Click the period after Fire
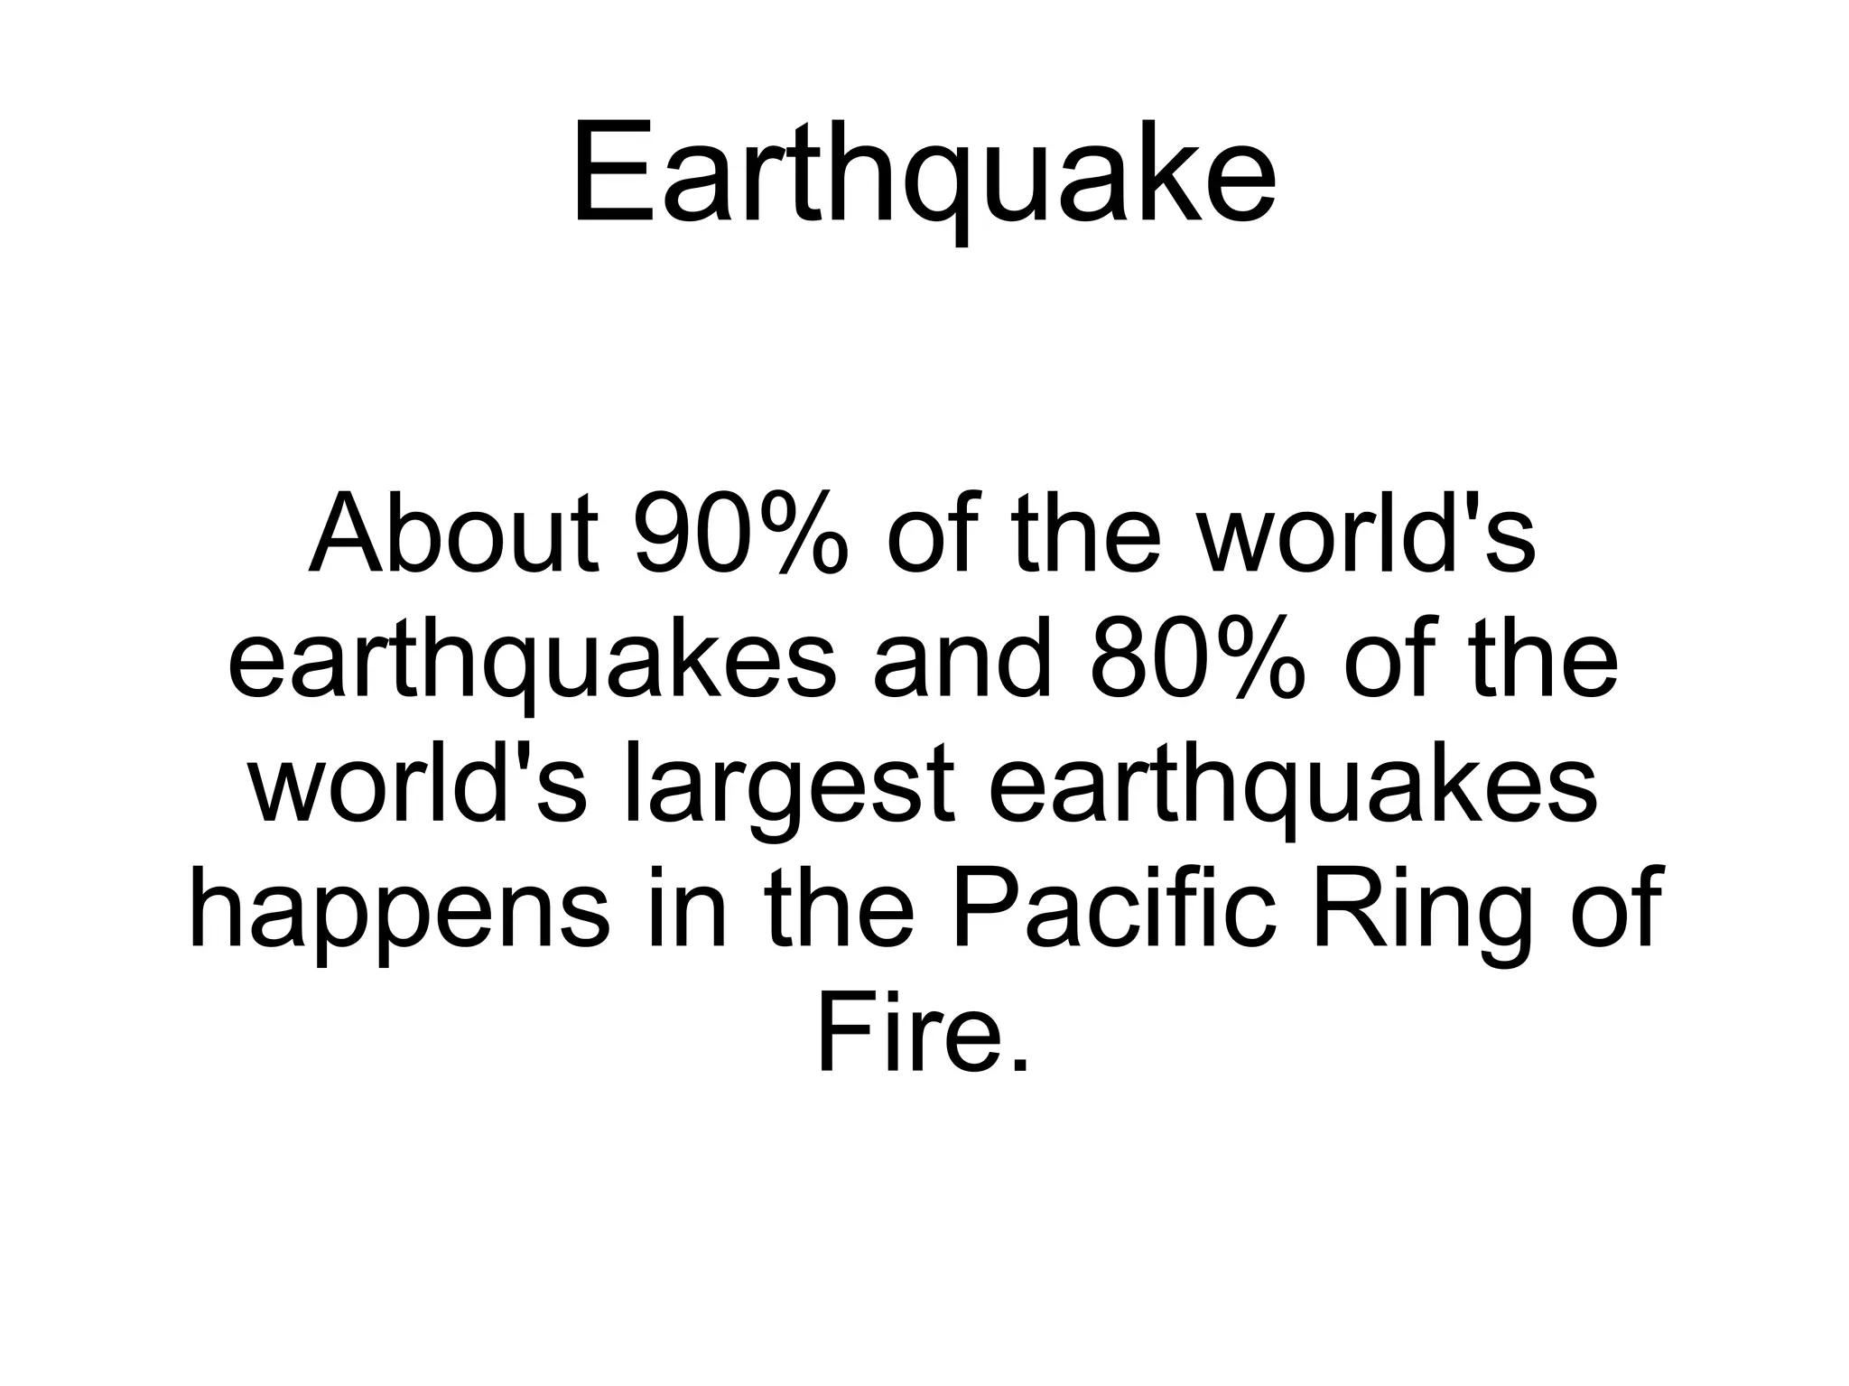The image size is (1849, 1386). click(x=1019, y=1065)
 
